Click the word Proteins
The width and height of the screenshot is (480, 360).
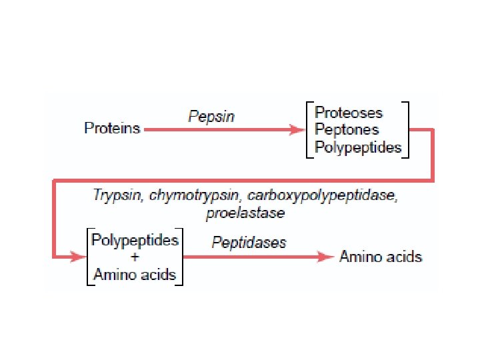pyautogui.click(x=112, y=129)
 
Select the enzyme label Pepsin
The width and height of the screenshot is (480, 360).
pyautogui.click(x=211, y=117)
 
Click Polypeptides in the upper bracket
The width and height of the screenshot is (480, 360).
pyautogui.click(x=358, y=147)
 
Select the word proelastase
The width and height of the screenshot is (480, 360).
pyautogui.click(x=245, y=213)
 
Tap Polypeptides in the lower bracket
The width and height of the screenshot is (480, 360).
pyautogui.click(x=135, y=239)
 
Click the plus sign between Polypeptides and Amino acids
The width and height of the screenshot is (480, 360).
pyautogui.click(x=135, y=257)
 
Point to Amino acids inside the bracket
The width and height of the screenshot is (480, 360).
pyautogui.click(x=135, y=274)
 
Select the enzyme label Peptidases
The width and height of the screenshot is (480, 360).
pyautogui.click(x=249, y=242)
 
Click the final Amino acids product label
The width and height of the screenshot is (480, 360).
pyautogui.click(x=381, y=257)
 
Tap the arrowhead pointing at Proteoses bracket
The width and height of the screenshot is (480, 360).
pyautogui.click(x=296, y=130)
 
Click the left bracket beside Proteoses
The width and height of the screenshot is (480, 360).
pyautogui.click(x=308, y=129)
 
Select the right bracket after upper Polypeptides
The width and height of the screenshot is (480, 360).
pyautogui.click(x=407, y=129)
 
